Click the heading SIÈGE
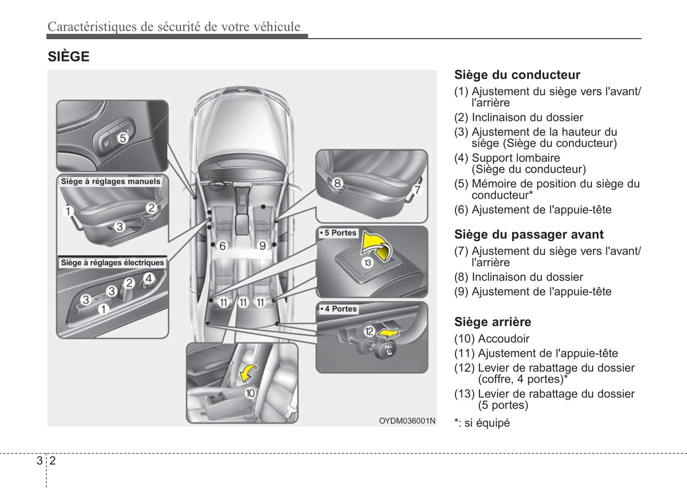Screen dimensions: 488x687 (x=68, y=57)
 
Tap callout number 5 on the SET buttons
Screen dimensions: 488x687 (x=123, y=138)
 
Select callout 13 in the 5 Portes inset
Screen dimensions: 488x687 (x=368, y=262)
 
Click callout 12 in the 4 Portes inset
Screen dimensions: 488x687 (x=369, y=331)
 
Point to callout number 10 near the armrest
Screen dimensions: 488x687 (x=250, y=393)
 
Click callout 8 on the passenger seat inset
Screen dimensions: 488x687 (x=337, y=183)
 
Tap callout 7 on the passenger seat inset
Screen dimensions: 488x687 (x=417, y=190)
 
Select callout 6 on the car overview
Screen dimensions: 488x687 (x=223, y=246)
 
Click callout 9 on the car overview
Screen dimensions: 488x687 (x=262, y=246)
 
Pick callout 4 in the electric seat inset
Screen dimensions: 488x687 (x=149, y=278)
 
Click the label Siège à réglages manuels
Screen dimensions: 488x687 (x=111, y=181)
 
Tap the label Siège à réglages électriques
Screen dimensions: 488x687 (x=112, y=263)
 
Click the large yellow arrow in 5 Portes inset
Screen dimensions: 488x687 (x=376, y=244)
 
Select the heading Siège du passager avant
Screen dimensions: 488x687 (x=529, y=234)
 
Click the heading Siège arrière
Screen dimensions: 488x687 (x=493, y=322)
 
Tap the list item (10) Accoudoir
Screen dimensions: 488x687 (x=492, y=339)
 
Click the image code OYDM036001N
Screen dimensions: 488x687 (x=407, y=421)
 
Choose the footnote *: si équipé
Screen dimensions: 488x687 (x=482, y=423)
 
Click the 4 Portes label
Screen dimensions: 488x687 (x=339, y=309)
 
